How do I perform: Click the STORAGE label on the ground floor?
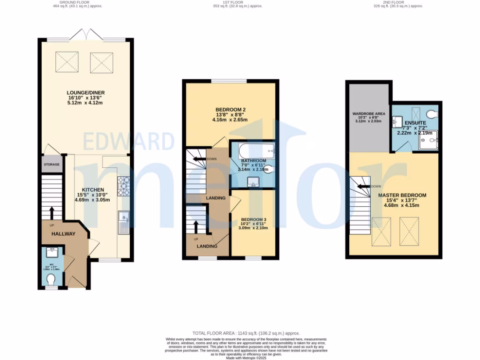point(52,165)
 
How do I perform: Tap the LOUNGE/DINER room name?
point(84,93)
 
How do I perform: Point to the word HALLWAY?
point(63,233)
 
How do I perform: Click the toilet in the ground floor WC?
point(51,280)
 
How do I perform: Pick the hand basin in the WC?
point(52,253)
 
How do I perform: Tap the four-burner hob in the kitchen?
point(124,186)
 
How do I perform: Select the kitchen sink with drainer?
point(124,222)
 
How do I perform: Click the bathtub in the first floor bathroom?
point(252,151)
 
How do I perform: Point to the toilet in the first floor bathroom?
point(269,170)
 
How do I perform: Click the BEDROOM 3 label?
point(254,219)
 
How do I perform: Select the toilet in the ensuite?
point(431,114)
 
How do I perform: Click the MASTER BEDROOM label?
point(402,195)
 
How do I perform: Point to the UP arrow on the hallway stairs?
point(52,213)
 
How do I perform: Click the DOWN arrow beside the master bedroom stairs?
point(365,186)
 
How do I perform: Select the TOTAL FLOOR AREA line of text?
point(240,332)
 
